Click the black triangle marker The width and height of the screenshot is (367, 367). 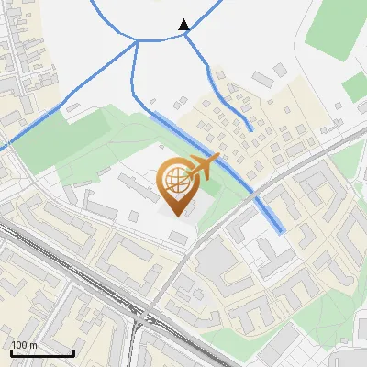pos(184,25)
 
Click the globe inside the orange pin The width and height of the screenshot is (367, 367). pos(174,178)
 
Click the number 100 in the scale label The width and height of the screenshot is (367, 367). pos(19,345)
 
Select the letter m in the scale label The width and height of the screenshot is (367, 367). pos(33,345)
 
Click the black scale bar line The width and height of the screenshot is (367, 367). pos(41,353)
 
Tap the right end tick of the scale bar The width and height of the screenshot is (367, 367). pos(73,351)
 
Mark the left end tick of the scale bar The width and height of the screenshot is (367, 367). pos(9,351)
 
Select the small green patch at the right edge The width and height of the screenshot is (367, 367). pos(357,85)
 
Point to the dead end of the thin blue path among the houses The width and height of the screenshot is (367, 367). pos(251,129)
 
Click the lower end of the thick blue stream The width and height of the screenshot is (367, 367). pos(280,230)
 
